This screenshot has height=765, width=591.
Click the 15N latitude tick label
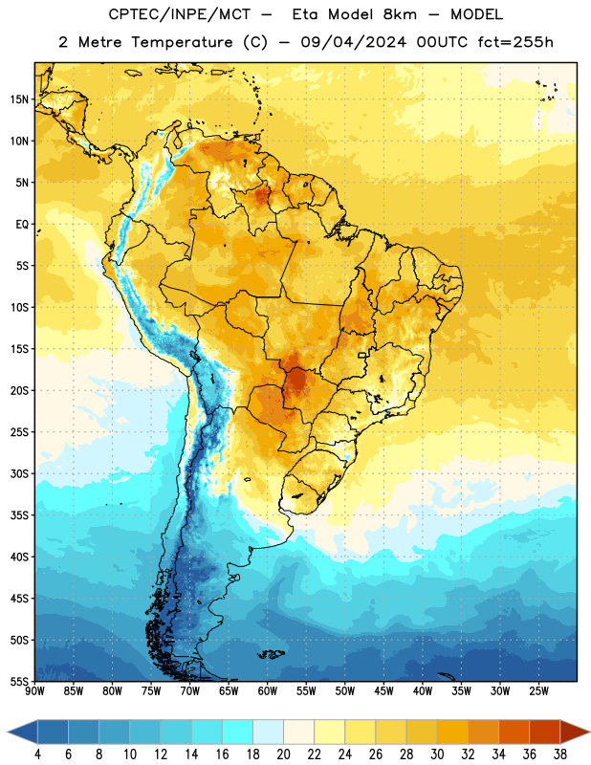coord(19,99)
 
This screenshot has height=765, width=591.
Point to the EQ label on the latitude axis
coord(22,225)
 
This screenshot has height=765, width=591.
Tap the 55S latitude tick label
coord(19,681)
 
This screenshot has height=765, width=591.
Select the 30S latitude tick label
coord(19,473)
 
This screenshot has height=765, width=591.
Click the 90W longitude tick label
coord(34,691)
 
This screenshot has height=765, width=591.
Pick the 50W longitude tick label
coord(345,691)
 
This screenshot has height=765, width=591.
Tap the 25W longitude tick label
coord(538,691)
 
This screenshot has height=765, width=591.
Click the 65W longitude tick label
coord(229,691)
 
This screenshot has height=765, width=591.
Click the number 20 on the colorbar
coord(283,754)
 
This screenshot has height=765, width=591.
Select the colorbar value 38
coord(560,754)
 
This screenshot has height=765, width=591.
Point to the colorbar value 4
coord(37,754)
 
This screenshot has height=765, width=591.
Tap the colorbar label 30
coord(437,754)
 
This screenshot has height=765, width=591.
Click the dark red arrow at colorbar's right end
coord(574,732)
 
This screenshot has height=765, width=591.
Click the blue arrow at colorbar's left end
coord(22,732)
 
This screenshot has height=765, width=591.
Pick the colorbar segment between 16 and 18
coord(238,732)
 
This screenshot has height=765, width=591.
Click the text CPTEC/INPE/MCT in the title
coord(179,14)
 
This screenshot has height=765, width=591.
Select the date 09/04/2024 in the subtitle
coord(353,42)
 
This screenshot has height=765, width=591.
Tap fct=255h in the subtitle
coord(515,42)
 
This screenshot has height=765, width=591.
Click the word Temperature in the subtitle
coord(182,43)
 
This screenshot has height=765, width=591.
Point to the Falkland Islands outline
coord(272,654)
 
